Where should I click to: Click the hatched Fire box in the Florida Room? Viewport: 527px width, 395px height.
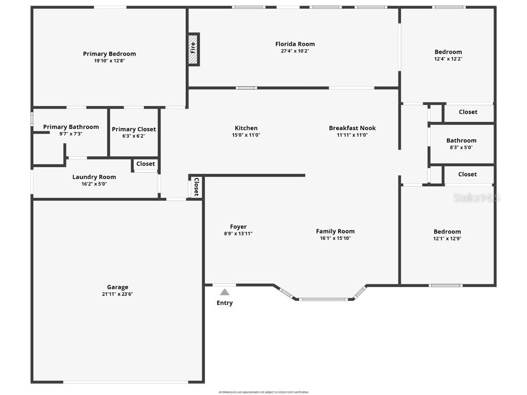193,49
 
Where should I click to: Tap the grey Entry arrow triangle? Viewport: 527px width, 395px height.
225,292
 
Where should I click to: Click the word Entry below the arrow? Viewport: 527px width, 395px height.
224,303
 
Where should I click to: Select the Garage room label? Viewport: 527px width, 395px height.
117,287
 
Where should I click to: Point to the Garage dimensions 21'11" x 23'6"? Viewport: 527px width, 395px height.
117,294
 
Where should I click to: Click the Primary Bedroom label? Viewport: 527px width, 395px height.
110,53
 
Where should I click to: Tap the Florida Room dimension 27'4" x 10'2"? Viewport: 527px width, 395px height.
295,51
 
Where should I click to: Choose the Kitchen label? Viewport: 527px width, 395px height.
246,128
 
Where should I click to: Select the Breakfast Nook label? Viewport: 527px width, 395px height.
353,128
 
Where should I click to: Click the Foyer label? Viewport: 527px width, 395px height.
238,226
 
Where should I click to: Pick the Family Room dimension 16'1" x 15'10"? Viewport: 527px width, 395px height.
335,238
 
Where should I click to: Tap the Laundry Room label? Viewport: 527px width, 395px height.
94,177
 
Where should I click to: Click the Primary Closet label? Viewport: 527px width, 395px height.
134,129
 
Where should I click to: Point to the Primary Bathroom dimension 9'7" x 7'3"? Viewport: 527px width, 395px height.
71,134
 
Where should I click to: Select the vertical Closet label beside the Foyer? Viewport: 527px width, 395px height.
196,187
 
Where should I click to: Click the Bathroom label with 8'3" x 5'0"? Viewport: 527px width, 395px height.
461,140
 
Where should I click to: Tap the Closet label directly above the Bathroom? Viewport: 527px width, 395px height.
468,112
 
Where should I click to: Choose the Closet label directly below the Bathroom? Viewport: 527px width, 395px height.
467,174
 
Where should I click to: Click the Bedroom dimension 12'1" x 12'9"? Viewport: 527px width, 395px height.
447,238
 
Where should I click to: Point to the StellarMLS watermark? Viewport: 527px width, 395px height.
477,198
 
